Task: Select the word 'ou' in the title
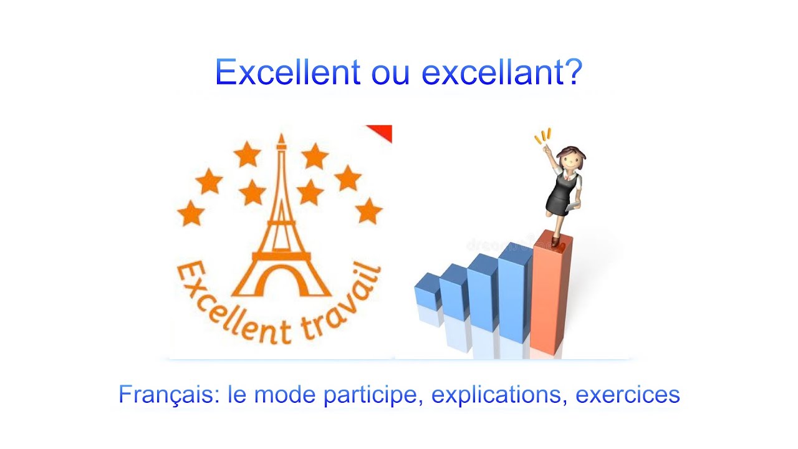[x=390, y=73]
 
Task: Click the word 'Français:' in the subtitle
[x=169, y=395]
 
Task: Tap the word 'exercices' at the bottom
[x=627, y=395]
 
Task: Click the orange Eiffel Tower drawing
[x=281, y=231]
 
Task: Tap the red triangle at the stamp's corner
[x=382, y=131]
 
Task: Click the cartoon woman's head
[x=570, y=159]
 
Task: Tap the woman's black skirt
[x=559, y=200]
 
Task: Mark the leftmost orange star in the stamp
[x=190, y=213]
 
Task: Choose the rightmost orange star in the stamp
[x=369, y=210]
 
